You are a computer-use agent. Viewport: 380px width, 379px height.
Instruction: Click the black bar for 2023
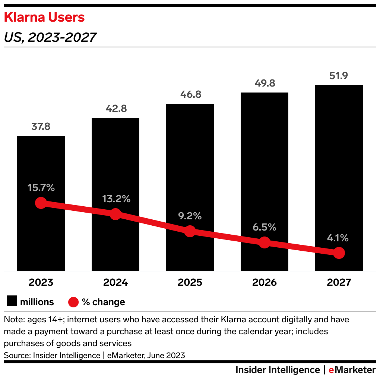[41, 164]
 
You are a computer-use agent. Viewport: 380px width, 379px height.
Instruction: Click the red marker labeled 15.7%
[41, 203]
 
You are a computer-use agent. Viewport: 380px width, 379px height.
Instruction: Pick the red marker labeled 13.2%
[115, 214]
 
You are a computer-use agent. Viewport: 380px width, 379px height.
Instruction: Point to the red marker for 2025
[190, 231]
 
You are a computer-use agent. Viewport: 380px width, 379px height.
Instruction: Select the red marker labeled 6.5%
[264, 242]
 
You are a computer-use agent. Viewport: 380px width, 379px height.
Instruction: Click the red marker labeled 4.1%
[339, 253]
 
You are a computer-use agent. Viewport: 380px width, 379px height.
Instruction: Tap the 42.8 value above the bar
[115, 109]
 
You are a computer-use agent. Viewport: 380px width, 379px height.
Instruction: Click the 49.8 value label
[264, 83]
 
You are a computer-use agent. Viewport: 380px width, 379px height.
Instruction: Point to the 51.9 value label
[339, 76]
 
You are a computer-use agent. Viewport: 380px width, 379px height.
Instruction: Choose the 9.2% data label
[190, 216]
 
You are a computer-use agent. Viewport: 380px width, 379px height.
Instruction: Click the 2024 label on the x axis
[115, 282]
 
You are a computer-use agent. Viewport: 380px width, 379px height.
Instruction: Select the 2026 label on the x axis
[264, 282]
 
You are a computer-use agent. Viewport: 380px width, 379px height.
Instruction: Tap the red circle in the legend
[73, 302]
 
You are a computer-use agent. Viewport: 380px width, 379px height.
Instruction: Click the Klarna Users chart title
[44, 18]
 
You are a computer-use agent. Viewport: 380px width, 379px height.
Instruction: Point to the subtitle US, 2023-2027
[50, 37]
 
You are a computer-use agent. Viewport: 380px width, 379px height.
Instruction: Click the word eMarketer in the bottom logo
[352, 370]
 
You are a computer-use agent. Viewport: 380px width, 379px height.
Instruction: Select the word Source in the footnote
[17, 355]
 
